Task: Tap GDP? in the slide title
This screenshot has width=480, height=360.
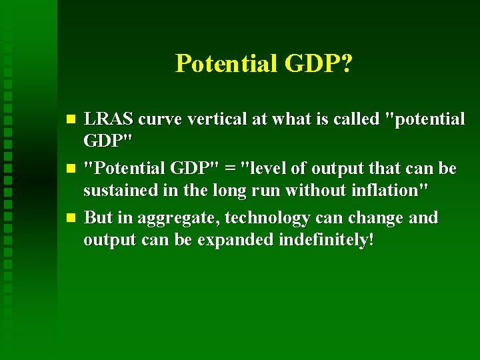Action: point(319,64)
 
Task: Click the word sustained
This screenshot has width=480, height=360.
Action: point(118,191)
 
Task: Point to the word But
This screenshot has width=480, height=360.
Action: point(99,218)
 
